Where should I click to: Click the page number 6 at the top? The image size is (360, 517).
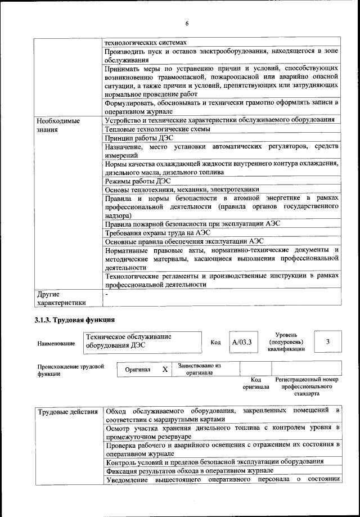coord(186,23)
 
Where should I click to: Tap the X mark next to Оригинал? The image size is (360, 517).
coord(165,370)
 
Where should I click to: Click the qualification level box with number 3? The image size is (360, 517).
coord(328,341)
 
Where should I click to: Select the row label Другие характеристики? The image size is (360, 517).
coord(61,298)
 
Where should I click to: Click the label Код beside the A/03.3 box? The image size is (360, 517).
coord(215,342)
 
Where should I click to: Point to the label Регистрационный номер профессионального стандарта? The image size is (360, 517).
coord(307,387)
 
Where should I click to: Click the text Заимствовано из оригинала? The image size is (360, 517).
coord(199,369)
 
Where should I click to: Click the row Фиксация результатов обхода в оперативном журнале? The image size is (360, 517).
coord(189,470)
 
